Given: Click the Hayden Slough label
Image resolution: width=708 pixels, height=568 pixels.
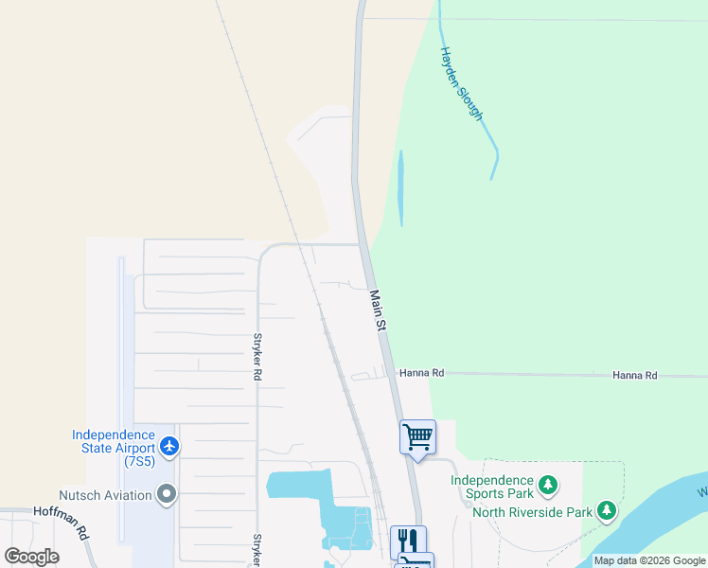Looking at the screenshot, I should [461, 84].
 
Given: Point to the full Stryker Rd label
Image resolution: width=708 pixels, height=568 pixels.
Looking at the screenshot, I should [257, 356].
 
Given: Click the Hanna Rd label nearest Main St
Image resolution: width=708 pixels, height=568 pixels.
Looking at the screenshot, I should [421, 373].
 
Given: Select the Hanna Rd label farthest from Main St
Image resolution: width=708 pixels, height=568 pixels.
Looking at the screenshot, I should [634, 376].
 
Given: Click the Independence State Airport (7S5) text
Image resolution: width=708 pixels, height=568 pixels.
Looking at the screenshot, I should [113, 448].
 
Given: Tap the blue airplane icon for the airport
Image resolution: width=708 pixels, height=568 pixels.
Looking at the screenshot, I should [169, 445].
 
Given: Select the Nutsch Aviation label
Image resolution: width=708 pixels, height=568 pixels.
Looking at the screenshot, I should [105, 495].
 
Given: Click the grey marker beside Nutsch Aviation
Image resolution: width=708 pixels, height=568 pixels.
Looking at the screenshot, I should [168, 494].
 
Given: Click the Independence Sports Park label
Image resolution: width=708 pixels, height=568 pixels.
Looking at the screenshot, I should [491, 487].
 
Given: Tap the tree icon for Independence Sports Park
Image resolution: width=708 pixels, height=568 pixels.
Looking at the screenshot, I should [547, 486].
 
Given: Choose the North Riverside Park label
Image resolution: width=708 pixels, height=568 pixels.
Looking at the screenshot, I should [532, 513].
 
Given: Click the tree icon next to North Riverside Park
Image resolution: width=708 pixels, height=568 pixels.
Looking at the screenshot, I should [607, 512].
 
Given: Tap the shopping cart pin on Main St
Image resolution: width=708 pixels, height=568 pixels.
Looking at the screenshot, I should [417, 437].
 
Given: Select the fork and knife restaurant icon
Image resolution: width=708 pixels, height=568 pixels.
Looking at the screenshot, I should [408, 541].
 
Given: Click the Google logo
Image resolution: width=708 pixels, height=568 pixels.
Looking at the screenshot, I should [31, 557].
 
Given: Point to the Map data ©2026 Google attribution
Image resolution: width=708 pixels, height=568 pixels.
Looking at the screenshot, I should [649, 560].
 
